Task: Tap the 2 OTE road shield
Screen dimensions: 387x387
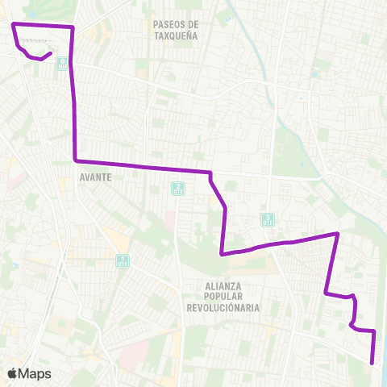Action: [x=177, y=189]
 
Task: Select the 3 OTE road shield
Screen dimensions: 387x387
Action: [x=268, y=219]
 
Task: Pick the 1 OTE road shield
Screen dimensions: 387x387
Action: [x=123, y=260]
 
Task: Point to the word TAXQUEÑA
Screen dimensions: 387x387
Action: [x=176, y=35]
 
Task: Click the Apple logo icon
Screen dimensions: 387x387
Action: [x=12, y=373]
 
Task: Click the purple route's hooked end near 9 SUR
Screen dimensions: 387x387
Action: [x=52, y=53]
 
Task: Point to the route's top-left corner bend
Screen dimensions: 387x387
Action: [x=13, y=26]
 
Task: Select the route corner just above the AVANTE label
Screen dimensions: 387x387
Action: [x=75, y=160]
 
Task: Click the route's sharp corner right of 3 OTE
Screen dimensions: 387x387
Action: [x=337, y=234]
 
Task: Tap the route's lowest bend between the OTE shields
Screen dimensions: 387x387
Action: [x=222, y=254]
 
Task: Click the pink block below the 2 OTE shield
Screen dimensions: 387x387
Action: [x=171, y=218]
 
